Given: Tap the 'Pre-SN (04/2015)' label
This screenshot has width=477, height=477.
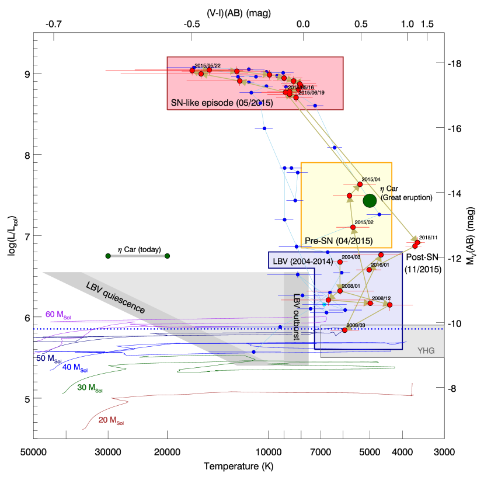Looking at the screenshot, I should pos(339,241).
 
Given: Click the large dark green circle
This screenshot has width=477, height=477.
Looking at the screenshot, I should pos(370,201).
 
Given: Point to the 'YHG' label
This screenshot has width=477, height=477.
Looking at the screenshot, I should pos(426,350).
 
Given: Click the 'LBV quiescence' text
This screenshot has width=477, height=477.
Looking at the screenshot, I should pos(115,298).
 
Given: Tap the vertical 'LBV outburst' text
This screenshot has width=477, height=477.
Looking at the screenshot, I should pos(296,316).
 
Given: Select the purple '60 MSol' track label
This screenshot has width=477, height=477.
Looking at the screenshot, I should pos(58,315).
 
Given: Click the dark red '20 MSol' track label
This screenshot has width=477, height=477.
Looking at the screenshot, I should pos(111,420).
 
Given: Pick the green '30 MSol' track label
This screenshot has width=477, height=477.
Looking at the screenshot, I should pos(90,388).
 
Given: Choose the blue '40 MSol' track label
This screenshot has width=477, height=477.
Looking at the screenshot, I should pos(75,368).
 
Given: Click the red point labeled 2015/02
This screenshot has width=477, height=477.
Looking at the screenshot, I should pos(353,227).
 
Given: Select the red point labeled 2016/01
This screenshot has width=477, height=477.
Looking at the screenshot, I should pos(369,270).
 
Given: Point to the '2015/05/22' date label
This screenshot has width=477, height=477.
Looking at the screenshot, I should pos(207,65).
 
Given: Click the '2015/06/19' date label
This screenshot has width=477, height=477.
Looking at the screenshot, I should pos(311,92).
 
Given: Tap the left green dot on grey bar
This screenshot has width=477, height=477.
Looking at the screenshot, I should pos(108,256).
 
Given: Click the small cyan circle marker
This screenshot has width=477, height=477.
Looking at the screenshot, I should pos(324,304).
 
